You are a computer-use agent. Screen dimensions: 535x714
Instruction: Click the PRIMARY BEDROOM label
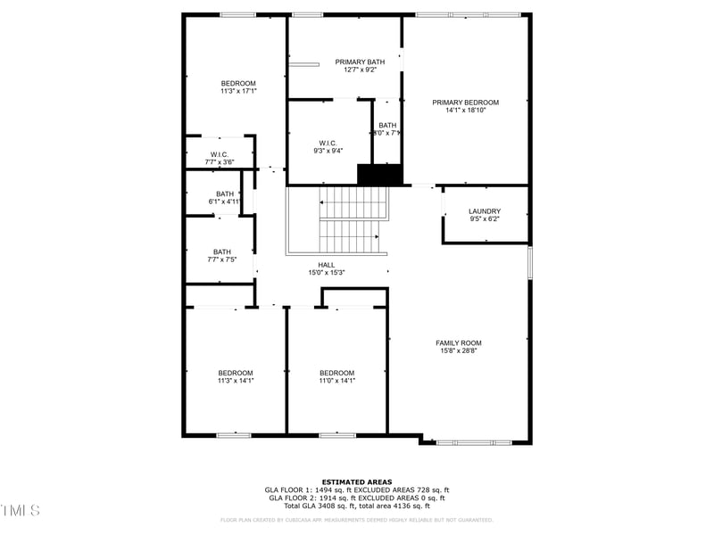pyautogui.click(x=465, y=103)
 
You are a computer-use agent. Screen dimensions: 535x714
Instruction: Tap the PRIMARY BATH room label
pyautogui.click(x=355, y=62)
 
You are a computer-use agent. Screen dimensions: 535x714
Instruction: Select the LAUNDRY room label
pyautogui.click(x=485, y=211)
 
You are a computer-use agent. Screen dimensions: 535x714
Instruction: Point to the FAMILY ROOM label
pyautogui.click(x=458, y=343)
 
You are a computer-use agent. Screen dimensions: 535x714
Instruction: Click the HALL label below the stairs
pyautogui.click(x=327, y=265)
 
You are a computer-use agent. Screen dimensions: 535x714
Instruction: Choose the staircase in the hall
pyautogui.click(x=353, y=222)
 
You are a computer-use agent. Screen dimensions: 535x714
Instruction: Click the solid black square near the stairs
pyautogui.click(x=380, y=175)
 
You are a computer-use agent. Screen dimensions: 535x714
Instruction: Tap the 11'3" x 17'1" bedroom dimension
pyautogui.click(x=238, y=91)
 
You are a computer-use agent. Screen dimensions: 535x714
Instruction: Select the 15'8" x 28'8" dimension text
pyautogui.click(x=459, y=351)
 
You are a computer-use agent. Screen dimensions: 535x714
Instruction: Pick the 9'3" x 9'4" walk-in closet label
pyautogui.click(x=328, y=151)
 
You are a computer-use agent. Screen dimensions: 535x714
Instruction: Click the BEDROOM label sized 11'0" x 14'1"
pyautogui.click(x=337, y=373)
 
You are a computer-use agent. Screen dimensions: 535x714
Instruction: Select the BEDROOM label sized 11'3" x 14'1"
pyautogui.click(x=236, y=373)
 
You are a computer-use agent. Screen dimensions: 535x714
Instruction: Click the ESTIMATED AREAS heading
pyautogui.click(x=356, y=481)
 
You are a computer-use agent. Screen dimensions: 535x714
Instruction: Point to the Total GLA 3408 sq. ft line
pyautogui.click(x=357, y=506)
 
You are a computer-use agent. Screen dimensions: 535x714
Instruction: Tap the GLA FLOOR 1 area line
pyautogui.click(x=357, y=490)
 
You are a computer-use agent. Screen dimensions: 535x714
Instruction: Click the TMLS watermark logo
pyautogui.click(x=21, y=511)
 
